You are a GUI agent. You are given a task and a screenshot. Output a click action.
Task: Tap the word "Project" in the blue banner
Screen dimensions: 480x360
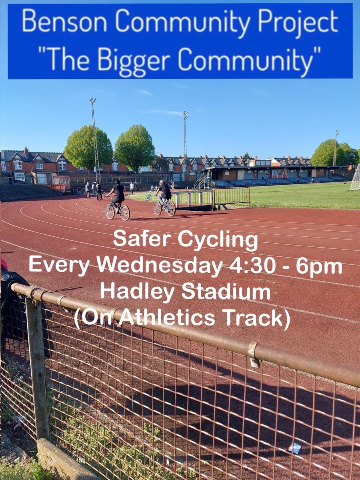pyautogui.click(x=298, y=23)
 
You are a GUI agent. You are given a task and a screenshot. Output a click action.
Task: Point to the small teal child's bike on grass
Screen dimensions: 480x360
pyautogui.click(x=148, y=197)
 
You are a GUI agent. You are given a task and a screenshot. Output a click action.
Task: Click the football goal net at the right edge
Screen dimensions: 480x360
pyautogui.click(x=355, y=178)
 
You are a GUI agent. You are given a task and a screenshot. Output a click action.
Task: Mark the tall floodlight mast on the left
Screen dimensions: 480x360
pyautogui.click(x=95, y=140)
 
